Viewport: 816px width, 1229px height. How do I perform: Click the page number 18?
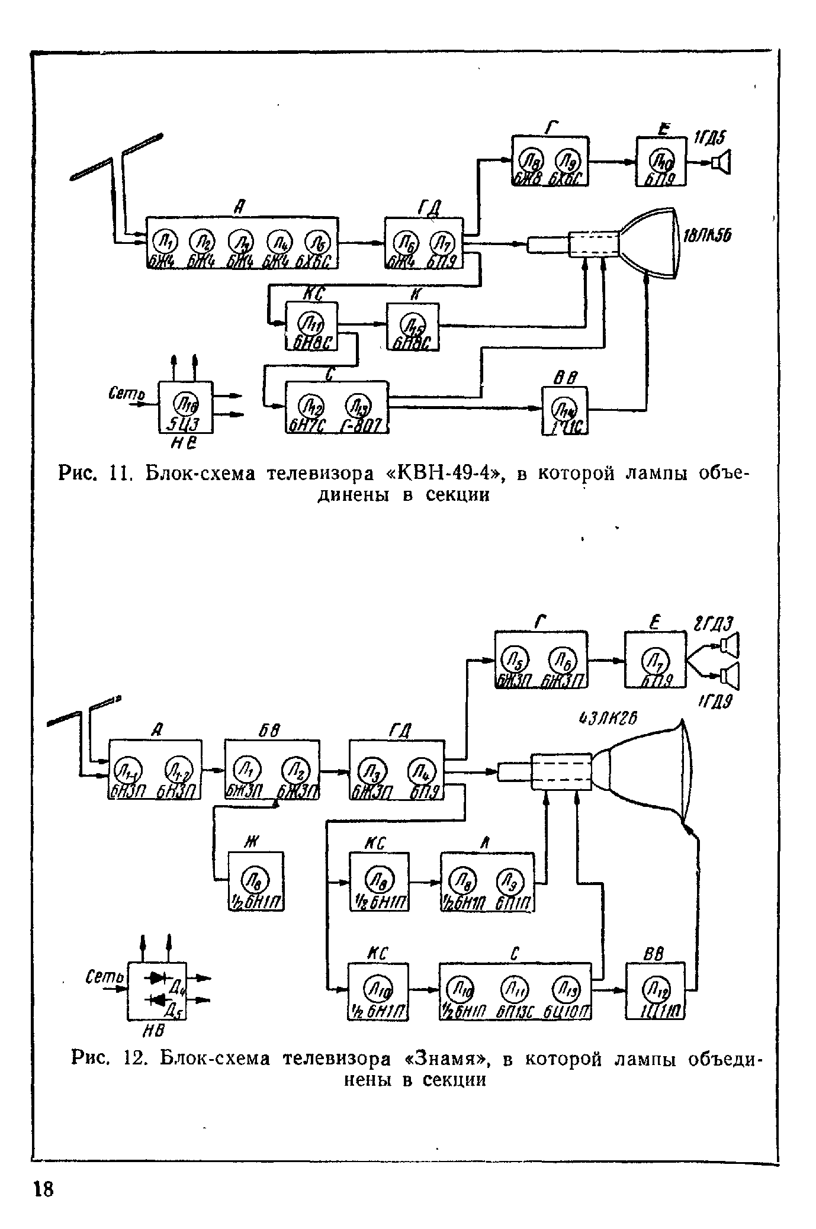pyautogui.click(x=43, y=1188)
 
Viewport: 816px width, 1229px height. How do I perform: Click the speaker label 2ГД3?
pyautogui.click(x=712, y=624)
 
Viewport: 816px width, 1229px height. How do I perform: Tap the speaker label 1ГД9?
pyautogui.click(x=715, y=702)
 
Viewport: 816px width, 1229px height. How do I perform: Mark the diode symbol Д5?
pyautogui.click(x=156, y=999)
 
